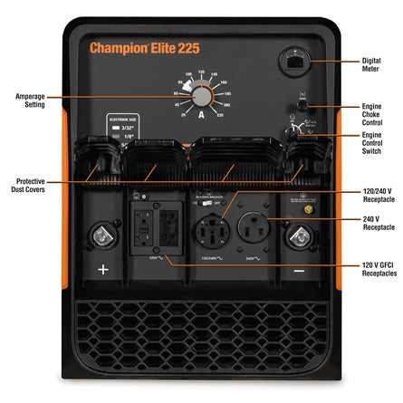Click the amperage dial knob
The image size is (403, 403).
click(x=202, y=97)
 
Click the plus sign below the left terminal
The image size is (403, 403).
click(x=101, y=269)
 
